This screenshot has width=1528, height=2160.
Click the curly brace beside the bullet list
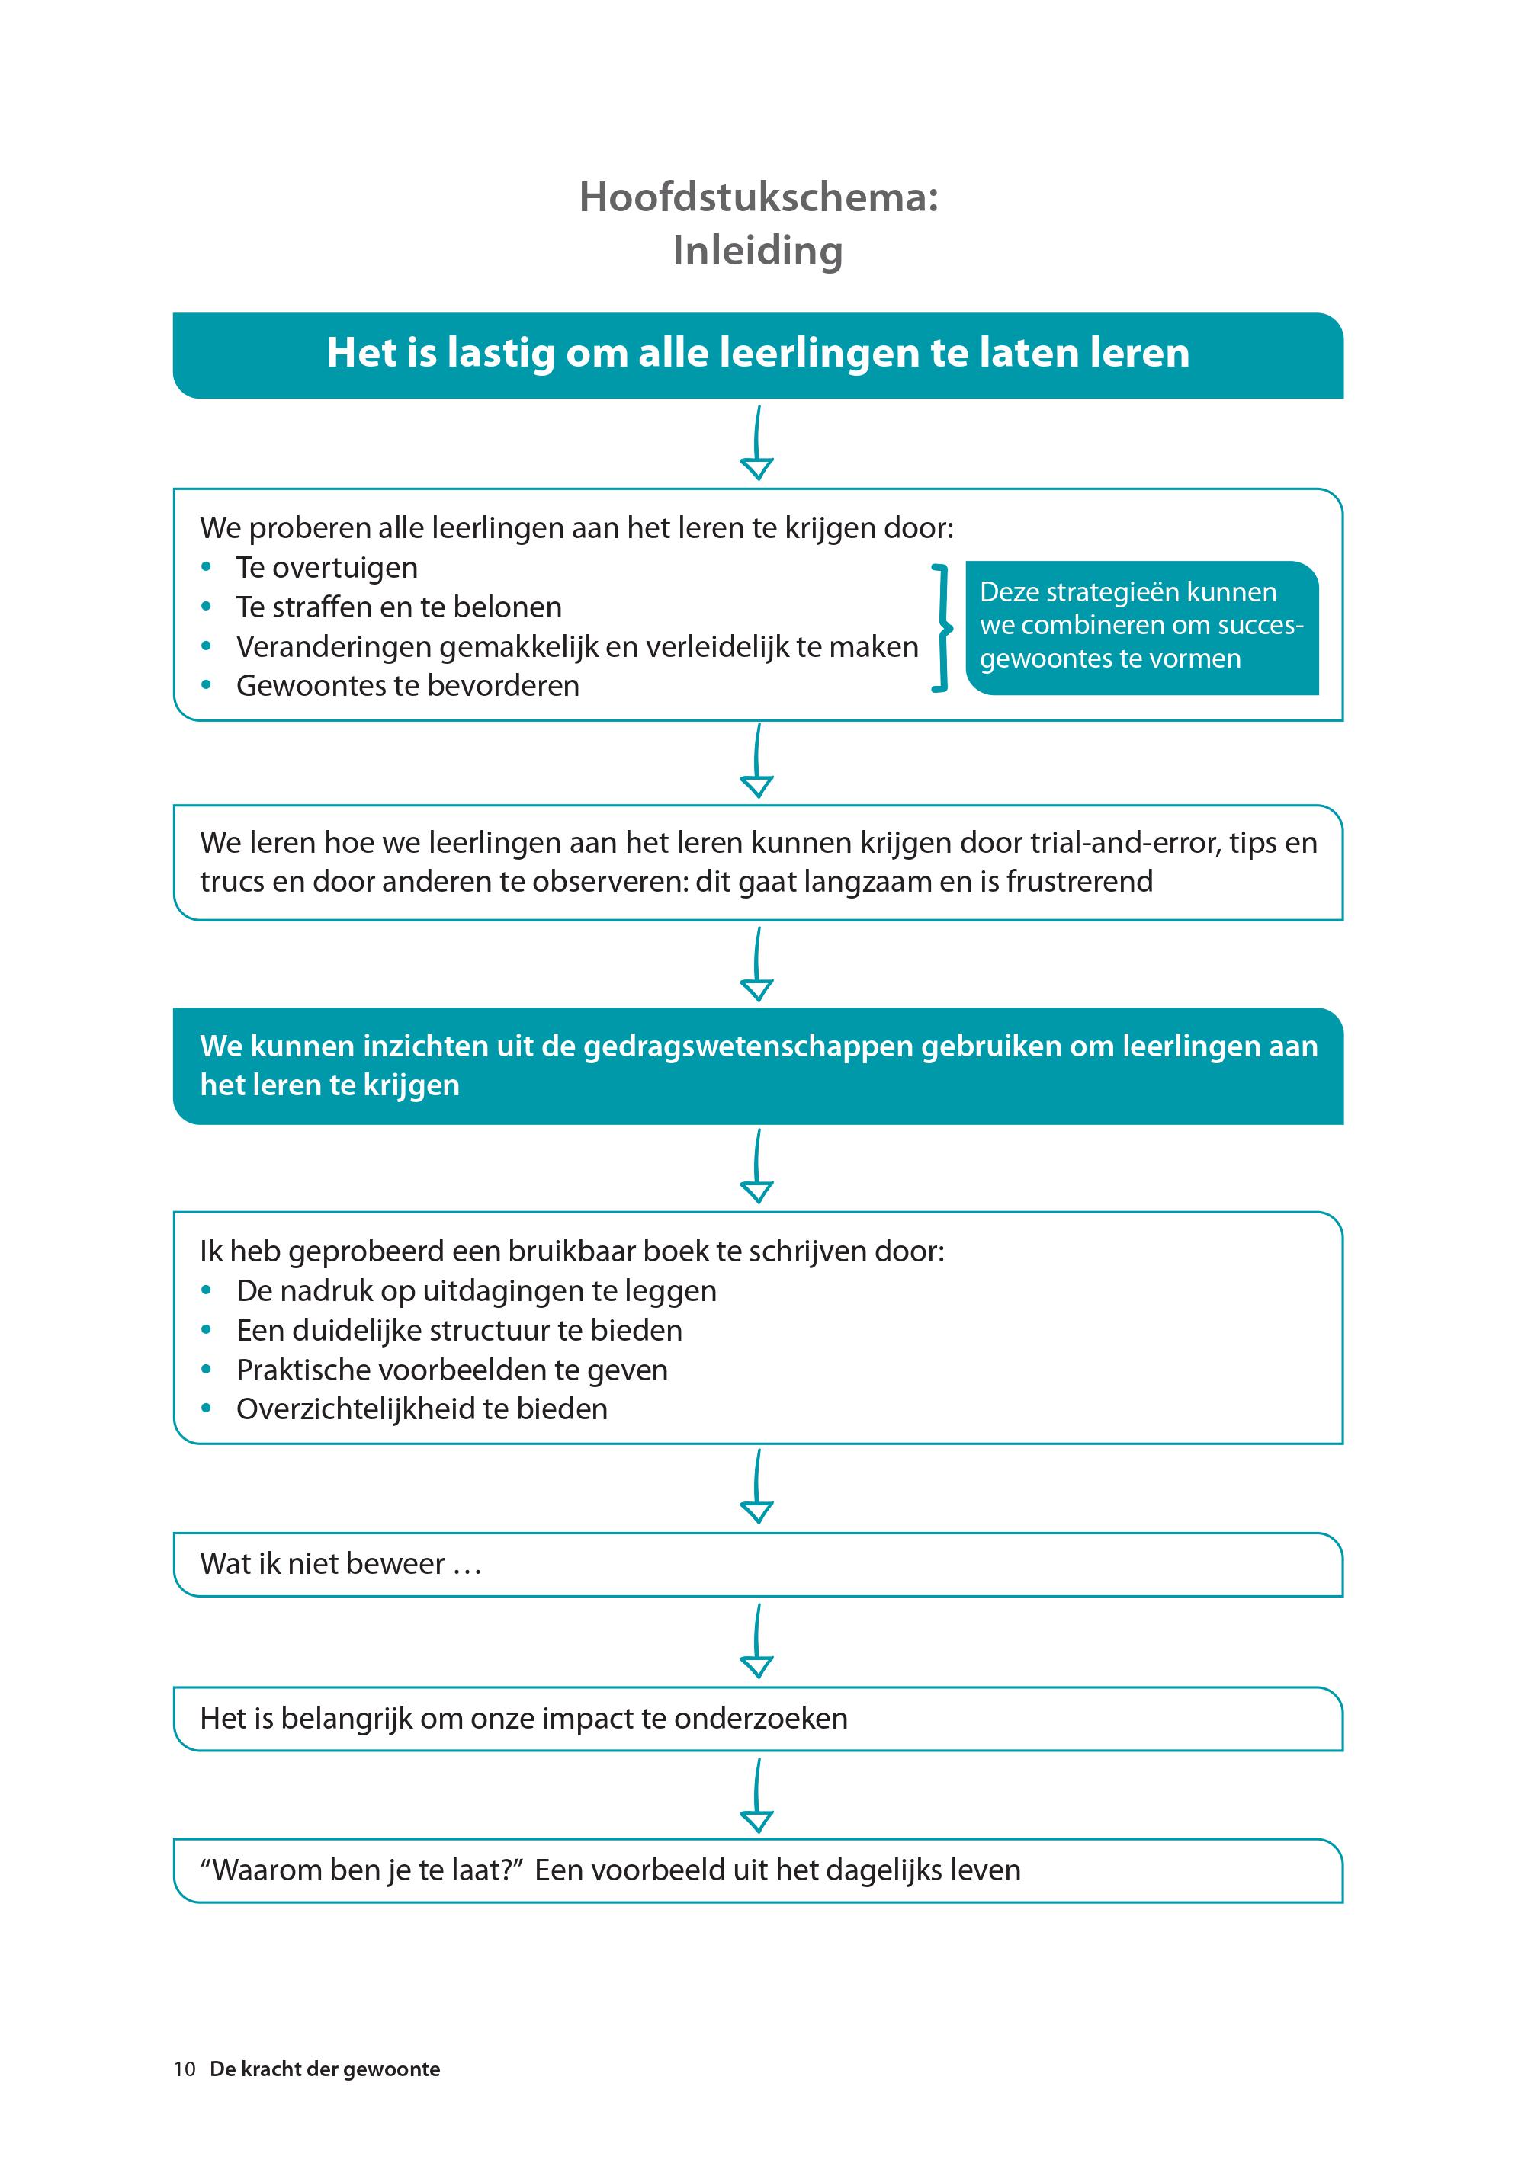[x=940, y=629]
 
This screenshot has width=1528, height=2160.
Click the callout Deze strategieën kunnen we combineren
[x=1141, y=626]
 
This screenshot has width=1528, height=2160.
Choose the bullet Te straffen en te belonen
[x=398, y=607]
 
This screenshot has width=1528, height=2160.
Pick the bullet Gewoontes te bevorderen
[x=407, y=686]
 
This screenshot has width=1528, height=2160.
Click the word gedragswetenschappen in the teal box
[x=748, y=1046]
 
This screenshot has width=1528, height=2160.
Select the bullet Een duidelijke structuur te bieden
[x=459, y=1330]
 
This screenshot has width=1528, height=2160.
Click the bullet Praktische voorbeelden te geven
[x=451, y=1370]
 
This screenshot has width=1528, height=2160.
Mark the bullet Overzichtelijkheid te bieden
[x=422, y=1409]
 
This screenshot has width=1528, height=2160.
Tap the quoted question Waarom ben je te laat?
[x=361, y=1870]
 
